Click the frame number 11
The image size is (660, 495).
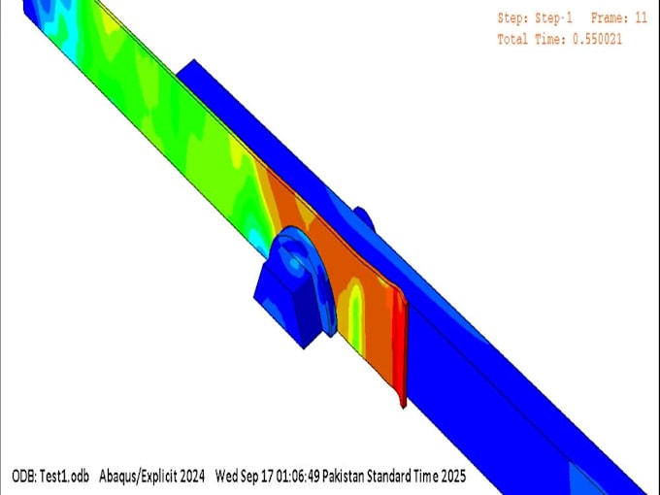pyautogui.click(x=641, y=17)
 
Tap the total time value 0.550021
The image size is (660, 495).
pyautogui.click(x=592, y=39)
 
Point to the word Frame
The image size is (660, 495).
pyautogui.click(x=609, y=17)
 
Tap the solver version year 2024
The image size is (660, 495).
pyautogui.click(x=192, y=477)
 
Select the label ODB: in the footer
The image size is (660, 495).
pyautogui.click(x=24, y=477)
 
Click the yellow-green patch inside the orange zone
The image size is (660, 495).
pyautogui.click(x=354, y=306)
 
